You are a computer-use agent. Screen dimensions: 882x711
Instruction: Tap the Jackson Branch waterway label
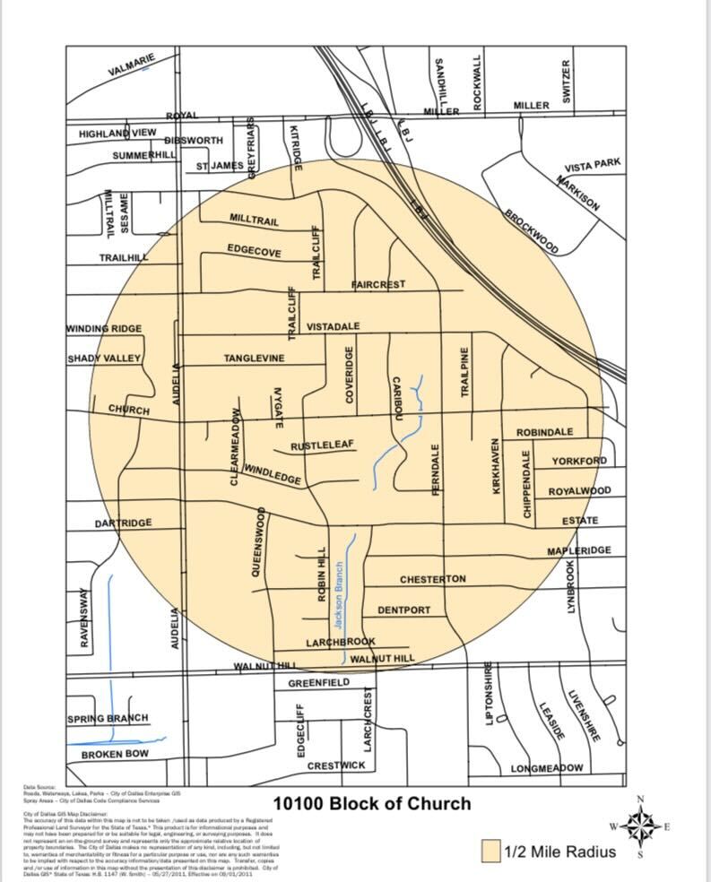pyautogui.click(x=339, y=594)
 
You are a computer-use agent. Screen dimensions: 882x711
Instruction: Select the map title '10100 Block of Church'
pyautogui.click(x=371, y=802)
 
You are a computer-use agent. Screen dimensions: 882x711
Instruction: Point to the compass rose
pyautogui.click(x=639, y=826)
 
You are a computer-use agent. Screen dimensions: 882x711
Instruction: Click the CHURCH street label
pyautogui.click(x=129, y=411)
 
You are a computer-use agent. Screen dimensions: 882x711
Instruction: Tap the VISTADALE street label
pyautogui.click(x=333, y=326)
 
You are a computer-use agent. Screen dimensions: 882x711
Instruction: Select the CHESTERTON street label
pyautogui.click(x=432, y=579)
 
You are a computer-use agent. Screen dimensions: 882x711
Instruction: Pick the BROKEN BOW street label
pyautogui.click(x=115, y=755)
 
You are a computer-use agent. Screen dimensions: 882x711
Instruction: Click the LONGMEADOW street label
pyautogui.click(x=547, y=768)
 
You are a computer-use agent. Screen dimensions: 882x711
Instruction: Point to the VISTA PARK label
pyautogui.click(x=593, y=167)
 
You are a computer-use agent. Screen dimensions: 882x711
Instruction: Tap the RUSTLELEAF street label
pyautogui.click(x=322, y=445)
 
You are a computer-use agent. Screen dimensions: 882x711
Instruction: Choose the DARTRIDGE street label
pyautogui.click(x=124, y=523)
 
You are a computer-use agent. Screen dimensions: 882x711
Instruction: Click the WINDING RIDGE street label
pyautogui.click(x=104, y=329)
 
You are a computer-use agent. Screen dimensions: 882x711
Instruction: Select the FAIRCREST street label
pyautogui.click(x=377, y=284)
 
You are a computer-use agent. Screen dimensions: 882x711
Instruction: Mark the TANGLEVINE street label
pyautogui.click(x=254, y=359)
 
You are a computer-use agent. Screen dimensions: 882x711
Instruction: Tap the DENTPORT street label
pyautogui.click(x=403, y=610)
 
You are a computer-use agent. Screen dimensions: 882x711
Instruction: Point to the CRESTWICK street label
pyautogui.click(x=336, y=765)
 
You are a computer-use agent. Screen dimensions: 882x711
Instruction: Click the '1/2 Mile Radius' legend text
pyautogui.click(x=559, y=851)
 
